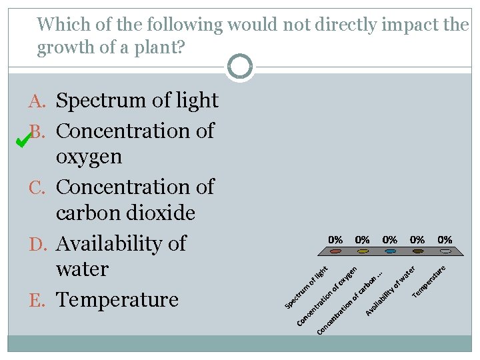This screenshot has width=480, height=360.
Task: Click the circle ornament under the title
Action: [x=239, y=67]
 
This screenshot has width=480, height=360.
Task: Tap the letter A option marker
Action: [x=38, y=101]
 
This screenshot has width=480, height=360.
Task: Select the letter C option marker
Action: [x=38, y=187]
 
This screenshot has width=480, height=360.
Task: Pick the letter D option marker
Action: [x=38, y=244]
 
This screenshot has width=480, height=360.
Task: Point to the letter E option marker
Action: [x=39, y=300]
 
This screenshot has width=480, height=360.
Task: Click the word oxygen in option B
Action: [x=89, y=157]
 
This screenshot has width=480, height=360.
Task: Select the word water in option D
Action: [x=82, y=269]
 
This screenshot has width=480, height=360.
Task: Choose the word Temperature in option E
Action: [x=117, y=300]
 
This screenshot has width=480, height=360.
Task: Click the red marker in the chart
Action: [x=335, y=252]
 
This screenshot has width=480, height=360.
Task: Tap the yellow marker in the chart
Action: [x=363, y=252]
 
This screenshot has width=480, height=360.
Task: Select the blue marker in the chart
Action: [x=391, y=252]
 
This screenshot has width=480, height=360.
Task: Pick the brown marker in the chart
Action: [x=418, y=252]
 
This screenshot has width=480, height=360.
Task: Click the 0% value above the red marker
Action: [x=335, y=239]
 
